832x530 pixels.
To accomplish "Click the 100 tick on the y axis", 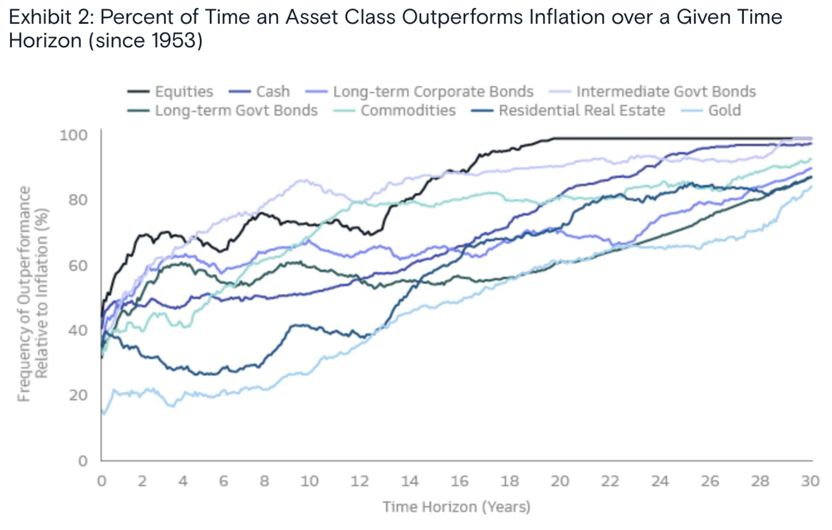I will click(x=73, y=135).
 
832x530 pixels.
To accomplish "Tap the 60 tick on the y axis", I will click(x=77, y=266).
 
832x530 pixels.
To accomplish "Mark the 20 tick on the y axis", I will click(x=78, y=395).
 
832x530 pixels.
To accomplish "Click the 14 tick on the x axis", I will click(x=409, y=481).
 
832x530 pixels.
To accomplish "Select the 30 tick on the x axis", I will click(x=810, y=481).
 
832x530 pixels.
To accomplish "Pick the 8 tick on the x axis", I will click(x=264, y=481).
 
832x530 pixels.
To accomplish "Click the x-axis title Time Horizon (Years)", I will click(x=456, y=507).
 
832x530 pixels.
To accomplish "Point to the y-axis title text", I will click(x=33, y=294).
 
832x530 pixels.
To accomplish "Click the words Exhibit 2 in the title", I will click(x=50, y=17).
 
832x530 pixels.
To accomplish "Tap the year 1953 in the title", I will click(x=173, y=41).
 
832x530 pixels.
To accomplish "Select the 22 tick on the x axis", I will click(x=610, y=481).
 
